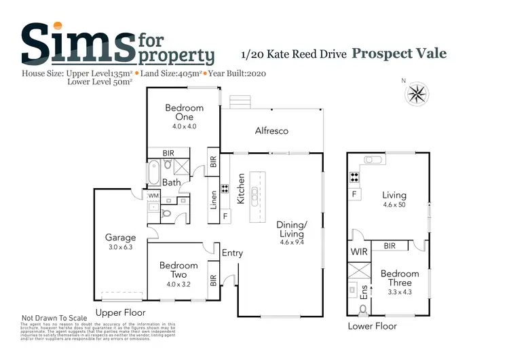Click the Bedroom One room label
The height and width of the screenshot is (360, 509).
click(184, 112)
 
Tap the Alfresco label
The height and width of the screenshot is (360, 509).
click(271, 130)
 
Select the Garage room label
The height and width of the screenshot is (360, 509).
click(120, 238)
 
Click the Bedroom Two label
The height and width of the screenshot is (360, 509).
click(178, 270)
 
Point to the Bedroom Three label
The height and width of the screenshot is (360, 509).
click(399, 278)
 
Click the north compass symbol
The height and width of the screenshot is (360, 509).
click(417, 93)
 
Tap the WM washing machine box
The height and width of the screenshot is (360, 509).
click(153, 196)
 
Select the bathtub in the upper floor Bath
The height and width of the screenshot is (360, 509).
click(153, 168)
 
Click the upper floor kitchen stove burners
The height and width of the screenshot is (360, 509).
click(225, 190)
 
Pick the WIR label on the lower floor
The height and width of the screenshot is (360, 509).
click(359, 251)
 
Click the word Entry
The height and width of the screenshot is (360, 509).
click(232, 253)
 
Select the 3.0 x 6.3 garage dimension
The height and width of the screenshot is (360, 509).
click(120, 247)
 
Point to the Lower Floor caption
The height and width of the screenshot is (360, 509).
click(372, 326)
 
